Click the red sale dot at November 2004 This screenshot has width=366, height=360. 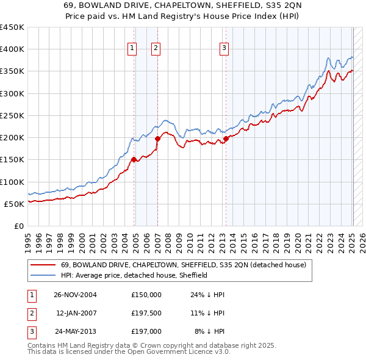click(x=134, y=160)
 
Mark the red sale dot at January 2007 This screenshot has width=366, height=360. click(x=157, y=139)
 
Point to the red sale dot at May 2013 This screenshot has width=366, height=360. click(x=226, y=139)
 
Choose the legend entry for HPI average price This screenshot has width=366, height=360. click(x=134, y=275)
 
